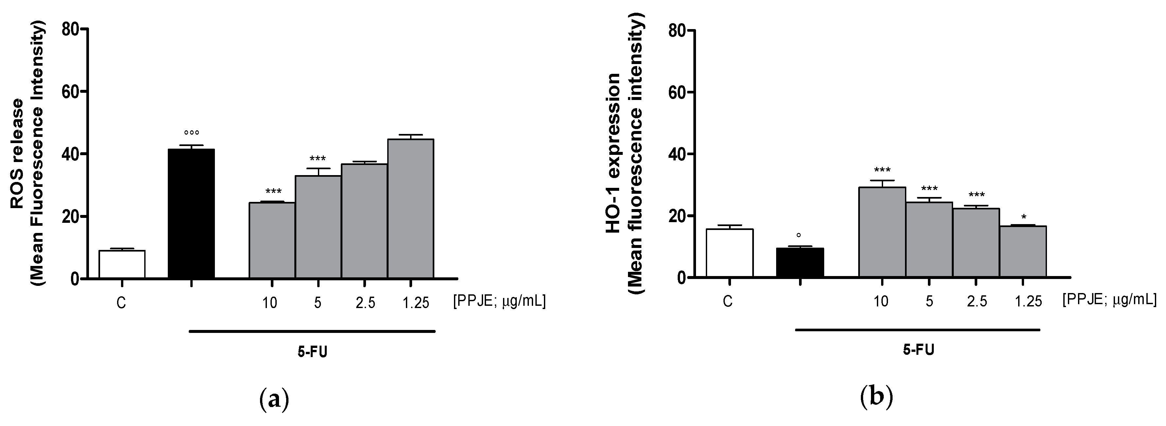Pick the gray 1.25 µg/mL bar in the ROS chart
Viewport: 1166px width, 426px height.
tap(410, 208)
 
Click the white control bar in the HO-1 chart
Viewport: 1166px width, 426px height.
tap(730, 253)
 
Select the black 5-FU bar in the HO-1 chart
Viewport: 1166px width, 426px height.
tap(800, 262)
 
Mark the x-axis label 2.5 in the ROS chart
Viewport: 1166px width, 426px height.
tap(365, 303)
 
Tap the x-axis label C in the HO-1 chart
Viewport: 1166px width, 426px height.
tap(727, 302)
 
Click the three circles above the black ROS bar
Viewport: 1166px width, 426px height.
tap(191, 133)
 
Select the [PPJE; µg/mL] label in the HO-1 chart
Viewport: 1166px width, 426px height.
tap(1109, 300)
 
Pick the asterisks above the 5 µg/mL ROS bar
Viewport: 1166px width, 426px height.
tap(318, 159)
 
